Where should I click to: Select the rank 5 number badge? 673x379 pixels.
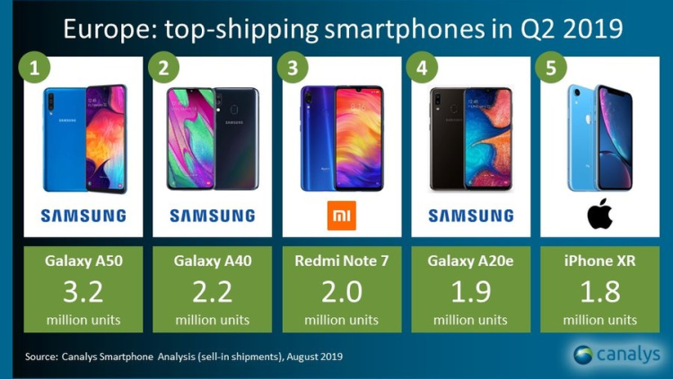coord(547,68)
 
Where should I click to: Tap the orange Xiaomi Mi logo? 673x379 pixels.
coord(340,216)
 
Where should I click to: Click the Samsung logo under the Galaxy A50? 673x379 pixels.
coord(83,216)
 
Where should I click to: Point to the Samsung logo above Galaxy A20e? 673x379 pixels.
coord(470,216)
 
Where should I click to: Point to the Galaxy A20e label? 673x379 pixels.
coord(470,261)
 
